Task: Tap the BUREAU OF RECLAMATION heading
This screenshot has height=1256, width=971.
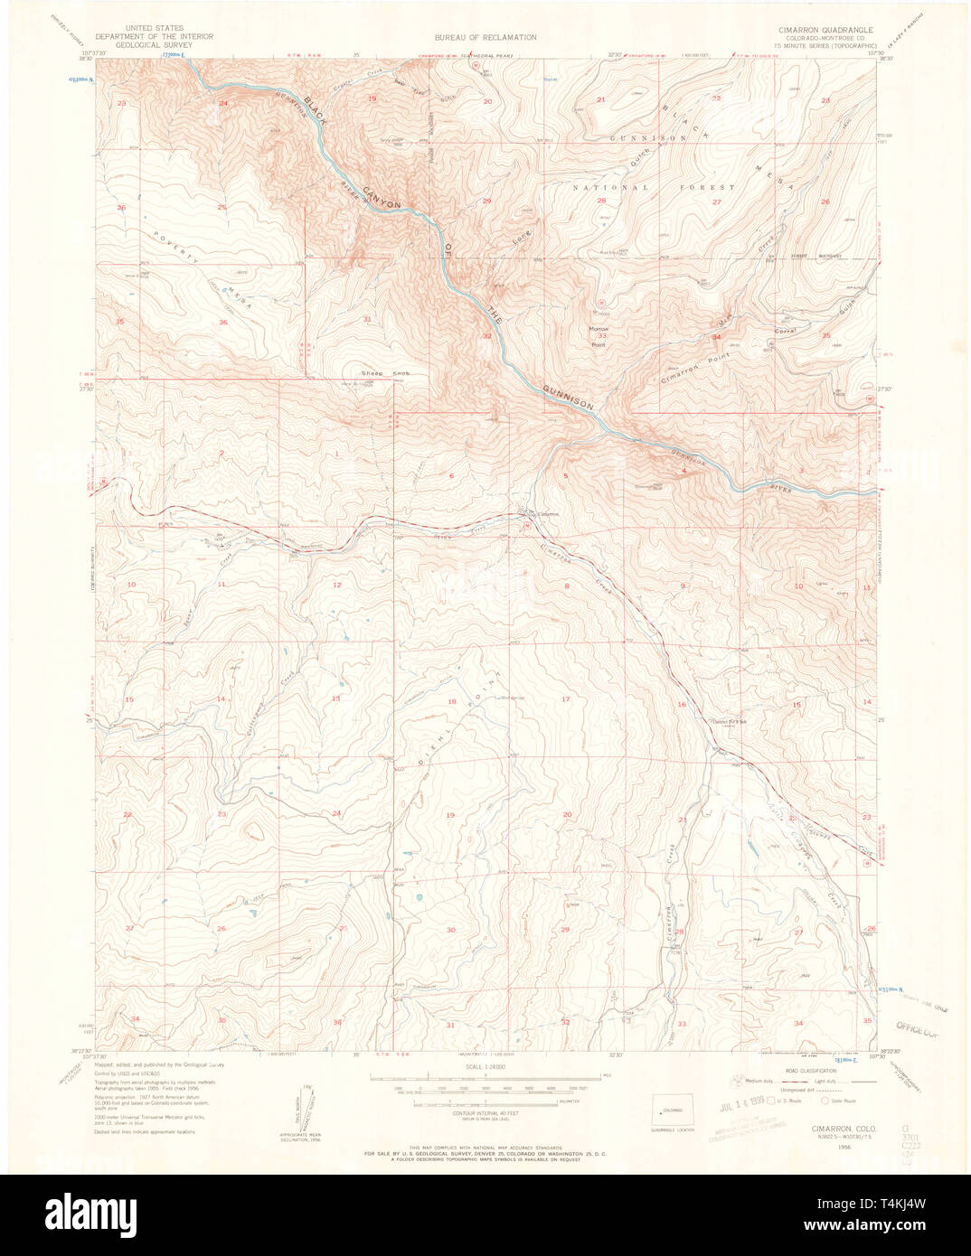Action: click(x=485, y=37)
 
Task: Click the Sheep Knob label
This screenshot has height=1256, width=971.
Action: click(x=385, y=373)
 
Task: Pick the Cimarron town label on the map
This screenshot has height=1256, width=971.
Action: click(x=548, y=514)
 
